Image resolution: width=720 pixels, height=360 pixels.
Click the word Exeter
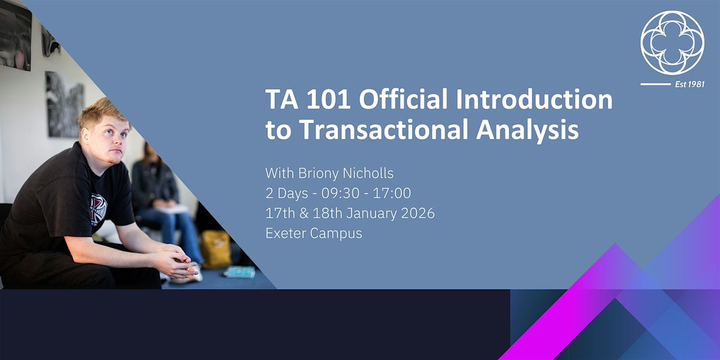286,233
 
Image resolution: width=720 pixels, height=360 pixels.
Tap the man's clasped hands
180,262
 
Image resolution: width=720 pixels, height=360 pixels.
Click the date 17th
278,213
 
